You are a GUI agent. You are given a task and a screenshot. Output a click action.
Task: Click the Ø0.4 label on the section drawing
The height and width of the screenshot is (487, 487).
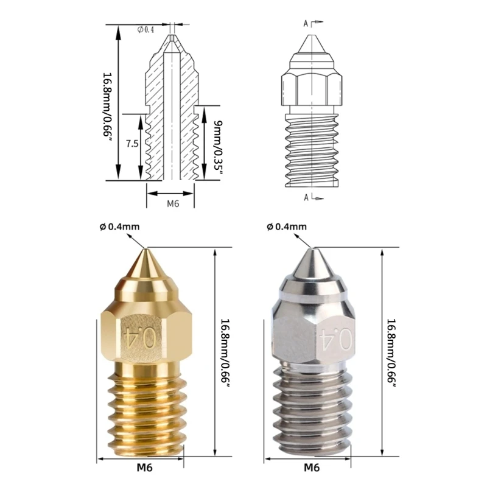click(x=145, y=30)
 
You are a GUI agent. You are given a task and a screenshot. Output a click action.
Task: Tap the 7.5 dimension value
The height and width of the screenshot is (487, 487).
click(x=132, y=144)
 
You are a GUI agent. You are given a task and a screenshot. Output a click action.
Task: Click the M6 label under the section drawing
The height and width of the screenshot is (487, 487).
click(x=173, y=203)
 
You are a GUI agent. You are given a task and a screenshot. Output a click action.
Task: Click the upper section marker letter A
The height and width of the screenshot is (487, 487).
click(x=306, y=23)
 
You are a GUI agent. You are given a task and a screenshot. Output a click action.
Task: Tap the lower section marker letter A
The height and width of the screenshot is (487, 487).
click(x=306, y=197)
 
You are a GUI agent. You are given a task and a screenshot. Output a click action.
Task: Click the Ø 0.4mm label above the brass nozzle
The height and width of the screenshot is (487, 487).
click(x=119, y=226)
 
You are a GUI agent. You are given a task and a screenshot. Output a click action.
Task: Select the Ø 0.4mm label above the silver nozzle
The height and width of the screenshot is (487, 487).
click(x=287, y=226)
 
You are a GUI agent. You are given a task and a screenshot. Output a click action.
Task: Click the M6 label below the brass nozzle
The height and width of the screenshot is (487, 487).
click(x=145, y=468)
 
